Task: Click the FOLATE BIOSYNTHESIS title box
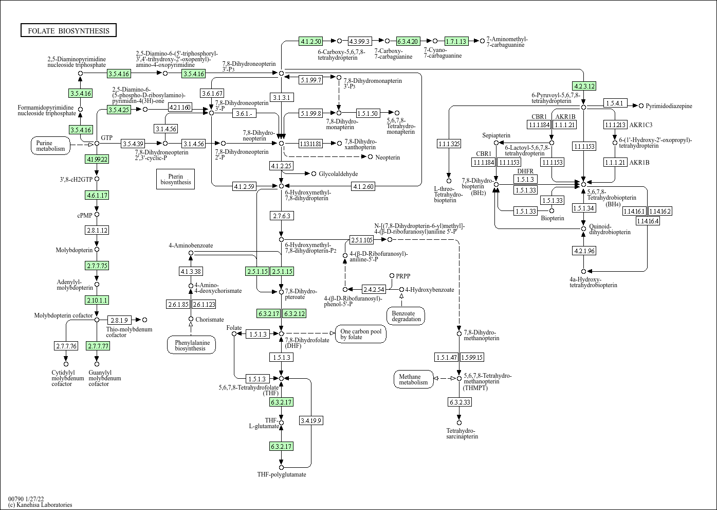(68, 30)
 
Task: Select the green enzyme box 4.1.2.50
(311, 41)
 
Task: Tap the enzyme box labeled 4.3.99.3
(360, 41)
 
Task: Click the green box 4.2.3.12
(584, 86)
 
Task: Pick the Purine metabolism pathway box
(50, 146)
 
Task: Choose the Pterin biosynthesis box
(175, 179)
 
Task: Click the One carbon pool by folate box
(361, 334)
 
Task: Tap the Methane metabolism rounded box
(413, 379)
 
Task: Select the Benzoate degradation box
(406, 316)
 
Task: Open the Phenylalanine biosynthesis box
(191, 345)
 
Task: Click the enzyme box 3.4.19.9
(311, 420)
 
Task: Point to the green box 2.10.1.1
(97, 300)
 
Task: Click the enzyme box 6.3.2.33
(459, 401)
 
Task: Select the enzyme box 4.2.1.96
(584, 251)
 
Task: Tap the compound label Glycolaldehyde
(338, 174)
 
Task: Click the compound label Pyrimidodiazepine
(669, 106)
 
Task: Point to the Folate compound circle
(234, 333)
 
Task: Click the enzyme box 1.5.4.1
(615, 103)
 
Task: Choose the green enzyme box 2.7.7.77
(98, 346)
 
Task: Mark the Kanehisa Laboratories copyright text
(40, 505)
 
